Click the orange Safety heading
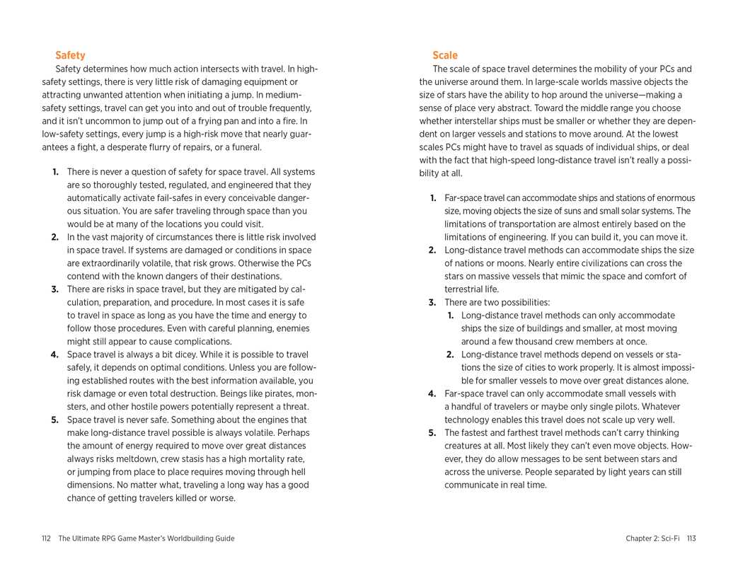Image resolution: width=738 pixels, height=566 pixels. [70, 55]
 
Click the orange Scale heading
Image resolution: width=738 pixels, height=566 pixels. [445, 55]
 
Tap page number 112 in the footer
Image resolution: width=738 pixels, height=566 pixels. [46, 538]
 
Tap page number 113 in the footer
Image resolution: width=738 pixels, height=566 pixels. [691, 538]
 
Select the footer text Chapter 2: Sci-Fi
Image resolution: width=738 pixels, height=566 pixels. [652, 538]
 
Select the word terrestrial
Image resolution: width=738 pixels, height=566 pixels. [463, 289]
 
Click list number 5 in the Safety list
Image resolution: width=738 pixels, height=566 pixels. [54, 420]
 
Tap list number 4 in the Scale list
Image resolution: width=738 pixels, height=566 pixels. [432, 393]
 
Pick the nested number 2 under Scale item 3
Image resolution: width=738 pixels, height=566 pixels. [450, 354]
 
